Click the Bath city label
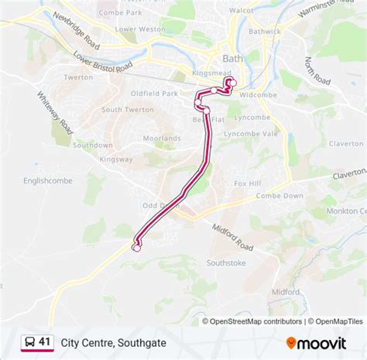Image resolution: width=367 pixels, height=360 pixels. [x=232, y=58]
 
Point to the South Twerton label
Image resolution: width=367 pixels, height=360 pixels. [x=122, y=110]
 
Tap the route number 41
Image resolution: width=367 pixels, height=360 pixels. [x=45, y=341]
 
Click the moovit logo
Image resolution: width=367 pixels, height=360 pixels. [x=323, y=341]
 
